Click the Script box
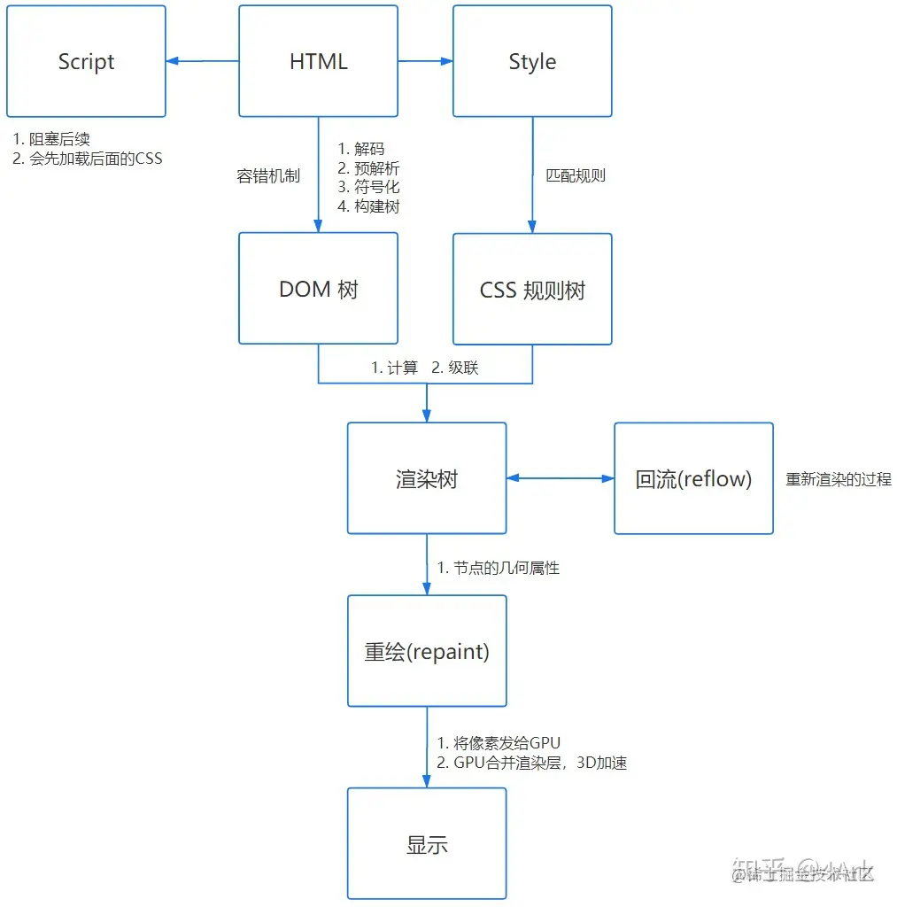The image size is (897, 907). click(x=86, y=61)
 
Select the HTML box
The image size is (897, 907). click(x=318, y=61)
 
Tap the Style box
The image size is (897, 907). click(x=532, y=61)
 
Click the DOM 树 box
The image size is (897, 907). click(x=318, y=289)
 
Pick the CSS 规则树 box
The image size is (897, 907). click(x=532, y=289)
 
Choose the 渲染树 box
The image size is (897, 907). click(x=426, y=478)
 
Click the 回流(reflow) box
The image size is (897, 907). click(x=693, y=478)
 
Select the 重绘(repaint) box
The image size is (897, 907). click(x=426, y=651)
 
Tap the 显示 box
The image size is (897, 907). click(x=426, y=843)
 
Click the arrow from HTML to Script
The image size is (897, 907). click(x=202, y=61)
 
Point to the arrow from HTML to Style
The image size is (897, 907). click(x=425, y=61)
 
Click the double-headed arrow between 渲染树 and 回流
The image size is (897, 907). click(x=560, y=478)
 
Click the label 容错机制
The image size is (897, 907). click(x=268, y=176)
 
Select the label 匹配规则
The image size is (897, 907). click(x=576, y=175)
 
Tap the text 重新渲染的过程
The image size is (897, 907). click(x=839, y=479)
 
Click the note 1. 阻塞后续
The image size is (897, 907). click(x=51, y=139)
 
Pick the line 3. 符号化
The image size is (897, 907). click(x=369, y=187)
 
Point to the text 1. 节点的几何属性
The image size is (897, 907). click(x=499, y=568)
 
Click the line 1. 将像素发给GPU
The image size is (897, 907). click(x=499, y=743)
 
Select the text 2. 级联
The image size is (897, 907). click(x=455, y=368)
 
